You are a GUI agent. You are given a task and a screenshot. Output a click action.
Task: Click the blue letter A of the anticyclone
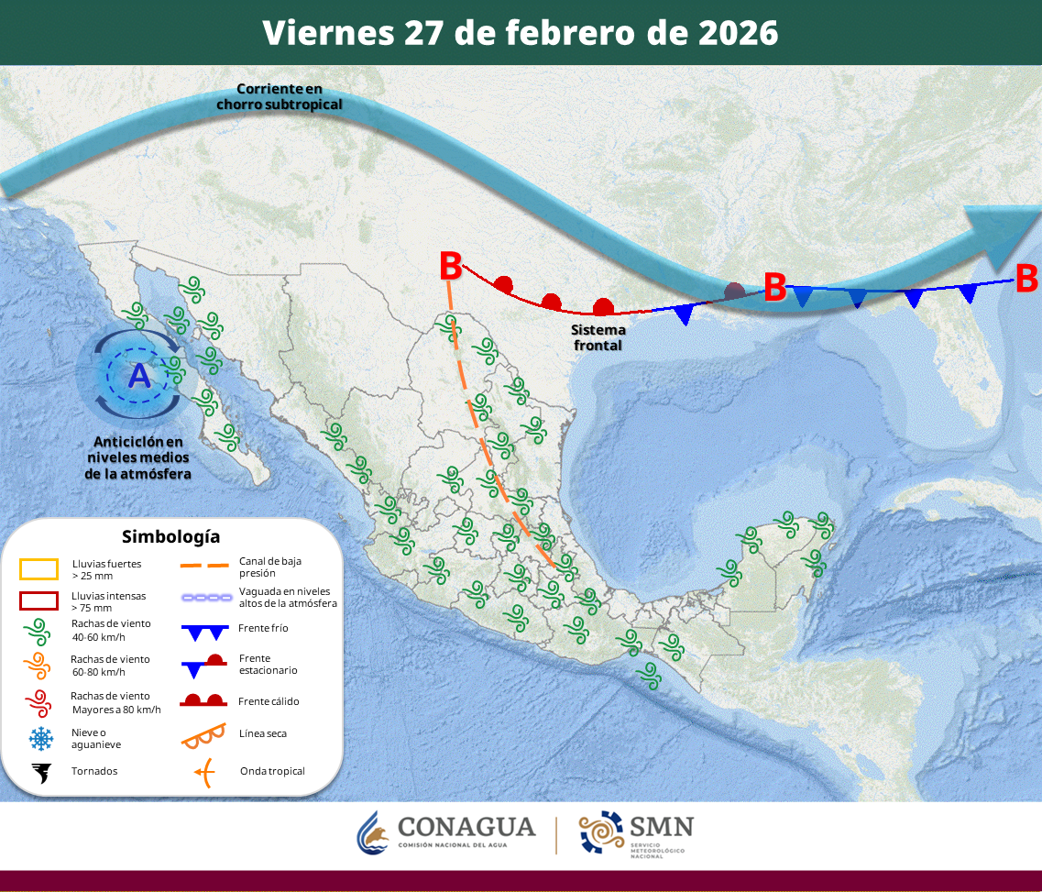(139, 376)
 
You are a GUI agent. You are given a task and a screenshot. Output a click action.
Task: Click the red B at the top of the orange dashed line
(450, 266)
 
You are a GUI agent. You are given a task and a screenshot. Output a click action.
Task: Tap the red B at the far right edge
(1026, 277)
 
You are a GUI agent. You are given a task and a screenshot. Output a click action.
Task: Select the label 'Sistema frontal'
(598, 337)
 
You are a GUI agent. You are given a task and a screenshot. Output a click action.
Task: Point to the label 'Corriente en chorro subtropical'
(280, 96)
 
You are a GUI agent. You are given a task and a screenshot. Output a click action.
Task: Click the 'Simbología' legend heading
(171, 536)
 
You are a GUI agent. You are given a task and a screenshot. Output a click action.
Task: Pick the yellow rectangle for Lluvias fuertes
(38, 569)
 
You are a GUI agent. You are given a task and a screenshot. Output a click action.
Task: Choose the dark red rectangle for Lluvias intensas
(38, 601)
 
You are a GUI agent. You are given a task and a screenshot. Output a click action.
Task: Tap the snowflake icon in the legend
(40, 737)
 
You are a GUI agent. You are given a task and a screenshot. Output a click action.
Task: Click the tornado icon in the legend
(40, 772)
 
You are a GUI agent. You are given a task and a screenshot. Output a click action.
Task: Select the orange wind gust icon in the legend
(38, 665)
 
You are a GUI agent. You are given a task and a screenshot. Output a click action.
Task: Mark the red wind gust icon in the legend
(38, 702)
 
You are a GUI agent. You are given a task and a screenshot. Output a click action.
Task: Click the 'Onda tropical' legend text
(272, 771)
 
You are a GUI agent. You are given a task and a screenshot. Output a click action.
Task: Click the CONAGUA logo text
(466, 827)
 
